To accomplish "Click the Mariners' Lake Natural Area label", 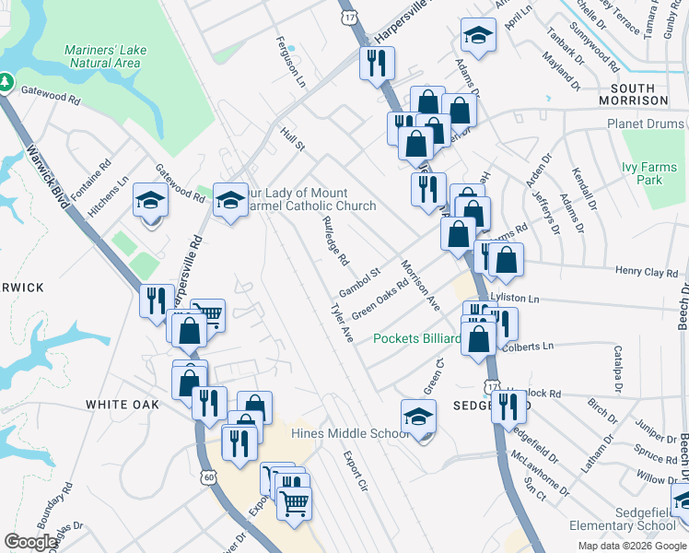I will [x=102, y=56].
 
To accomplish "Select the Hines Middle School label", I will [x=349, y=433].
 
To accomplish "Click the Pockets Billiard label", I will [x=416, y=338].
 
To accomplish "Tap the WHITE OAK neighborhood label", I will [x=122, y=405].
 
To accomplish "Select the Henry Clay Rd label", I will [x=645, y=272].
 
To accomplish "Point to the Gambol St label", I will [x=359, y=277].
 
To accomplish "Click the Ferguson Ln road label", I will [x=290, y=60].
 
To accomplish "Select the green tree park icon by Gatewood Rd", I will [x=6, y=83].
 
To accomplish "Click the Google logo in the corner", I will [x=30, y=543].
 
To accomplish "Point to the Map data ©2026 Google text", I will [x=631, y=546].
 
